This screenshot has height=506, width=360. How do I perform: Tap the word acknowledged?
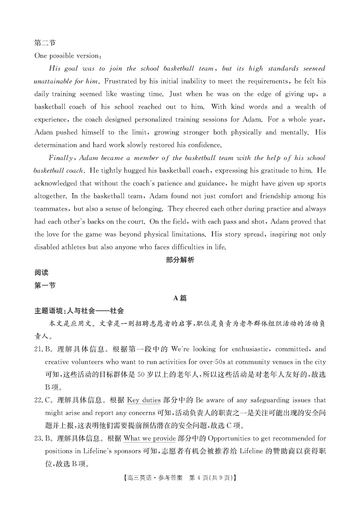click(x=58, y=184)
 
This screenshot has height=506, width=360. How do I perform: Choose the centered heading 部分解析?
click(x=180, y=260)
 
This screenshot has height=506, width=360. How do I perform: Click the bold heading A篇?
click(x=180, y=298)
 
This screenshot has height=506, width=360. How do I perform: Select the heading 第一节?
click(x=45, y=285)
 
